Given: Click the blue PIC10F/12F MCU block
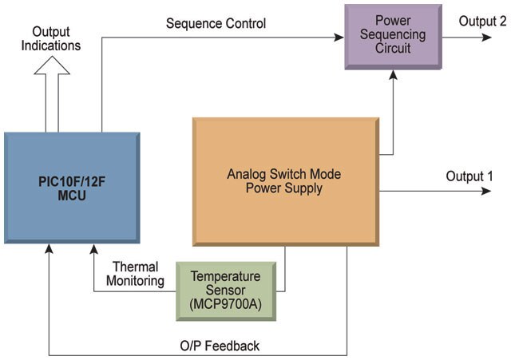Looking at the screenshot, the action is (x=72, y=188).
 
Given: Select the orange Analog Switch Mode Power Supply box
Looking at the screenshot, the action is (x=286, y=181).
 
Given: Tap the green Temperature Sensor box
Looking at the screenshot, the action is (x=226, y=291).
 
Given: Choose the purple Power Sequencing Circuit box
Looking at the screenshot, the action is (x=394, y=37).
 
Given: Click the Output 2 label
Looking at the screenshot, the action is (x=482, y=22).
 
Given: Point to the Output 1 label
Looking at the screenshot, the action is (x=469, y=176).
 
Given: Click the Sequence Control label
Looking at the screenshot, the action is (x=216, y=23).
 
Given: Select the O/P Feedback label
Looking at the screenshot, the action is (x=220, y=346).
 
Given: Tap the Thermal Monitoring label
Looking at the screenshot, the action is (x=135, y=274).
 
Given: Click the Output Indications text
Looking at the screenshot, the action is (x=51, y=38).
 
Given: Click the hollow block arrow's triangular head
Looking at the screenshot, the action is (x=52, y=65).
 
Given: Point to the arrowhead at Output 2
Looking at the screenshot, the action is (x=487, y=38).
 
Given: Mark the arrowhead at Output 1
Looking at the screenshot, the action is (x=486, y=191).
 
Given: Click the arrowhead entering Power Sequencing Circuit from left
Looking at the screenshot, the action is (x=339, y=38).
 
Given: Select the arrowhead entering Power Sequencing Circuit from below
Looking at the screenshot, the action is (x=394, y=75).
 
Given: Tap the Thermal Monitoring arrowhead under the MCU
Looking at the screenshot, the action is (x=94, y=249).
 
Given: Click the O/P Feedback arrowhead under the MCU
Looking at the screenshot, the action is (x=49, y=249).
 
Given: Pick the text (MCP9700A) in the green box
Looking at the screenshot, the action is (x=225, y=304).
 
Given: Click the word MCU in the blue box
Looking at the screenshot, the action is (x=72, y=196).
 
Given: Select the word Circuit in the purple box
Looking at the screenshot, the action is (x=393, y=48).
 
